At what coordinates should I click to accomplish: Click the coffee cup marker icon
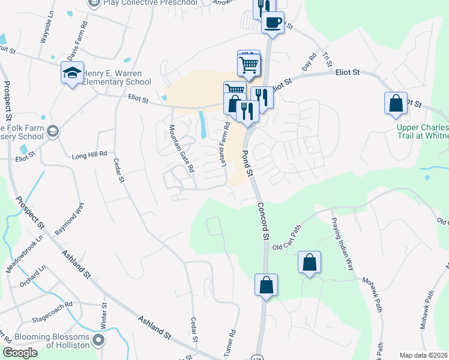(273, 23)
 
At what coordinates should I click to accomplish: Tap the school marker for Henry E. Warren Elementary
(71, 74)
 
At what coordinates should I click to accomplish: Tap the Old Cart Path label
(287, 239)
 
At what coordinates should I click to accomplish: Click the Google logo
(20, 352)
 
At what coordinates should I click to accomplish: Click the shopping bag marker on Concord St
(266, 286)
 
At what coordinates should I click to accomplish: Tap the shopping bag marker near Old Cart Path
(309, 262)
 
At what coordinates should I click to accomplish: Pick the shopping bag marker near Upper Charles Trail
(396, 103)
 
